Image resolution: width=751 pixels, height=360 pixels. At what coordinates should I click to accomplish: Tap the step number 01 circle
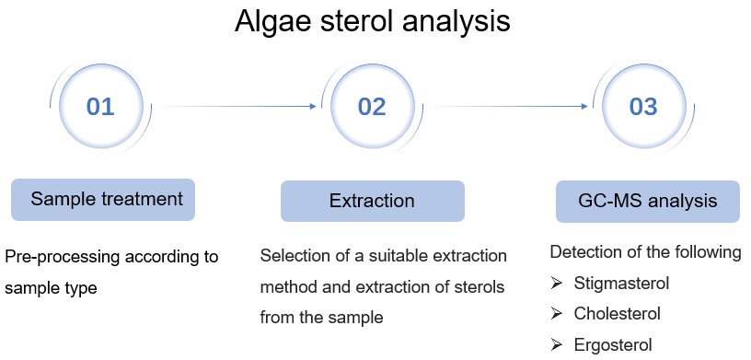point(100,107)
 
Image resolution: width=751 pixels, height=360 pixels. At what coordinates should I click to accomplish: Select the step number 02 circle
point(372,107)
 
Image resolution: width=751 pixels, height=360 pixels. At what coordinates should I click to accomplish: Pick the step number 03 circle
point(643,107)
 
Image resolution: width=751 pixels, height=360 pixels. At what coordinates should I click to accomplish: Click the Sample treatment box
point(103,199)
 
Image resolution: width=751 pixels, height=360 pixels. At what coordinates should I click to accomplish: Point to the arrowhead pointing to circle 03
point(584,107)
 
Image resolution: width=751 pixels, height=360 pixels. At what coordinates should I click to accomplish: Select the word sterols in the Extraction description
point(479,286)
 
